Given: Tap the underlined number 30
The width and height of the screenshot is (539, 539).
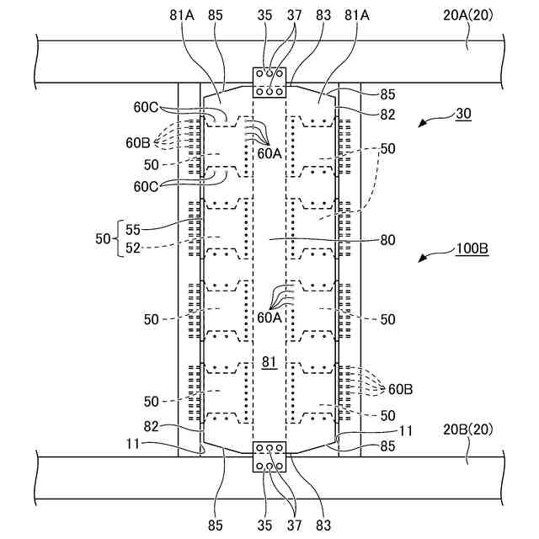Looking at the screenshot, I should point(464,113).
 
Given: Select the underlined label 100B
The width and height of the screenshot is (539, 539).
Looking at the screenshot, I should point(472,249).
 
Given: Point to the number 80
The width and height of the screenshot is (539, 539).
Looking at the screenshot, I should point(387,239).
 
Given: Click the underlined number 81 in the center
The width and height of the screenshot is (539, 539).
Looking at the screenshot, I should point(269,362).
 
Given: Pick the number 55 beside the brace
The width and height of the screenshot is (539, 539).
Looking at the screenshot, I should point(133,229).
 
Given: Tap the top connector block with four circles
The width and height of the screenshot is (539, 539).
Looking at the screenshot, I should point(270,83).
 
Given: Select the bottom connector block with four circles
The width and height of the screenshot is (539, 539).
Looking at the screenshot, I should point(270,457).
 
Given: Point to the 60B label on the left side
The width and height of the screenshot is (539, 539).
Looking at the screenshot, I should point(139,143).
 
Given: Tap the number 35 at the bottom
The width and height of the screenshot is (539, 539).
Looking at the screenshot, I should point(265,525).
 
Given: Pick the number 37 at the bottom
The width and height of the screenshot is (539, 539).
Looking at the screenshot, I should point(294,525).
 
